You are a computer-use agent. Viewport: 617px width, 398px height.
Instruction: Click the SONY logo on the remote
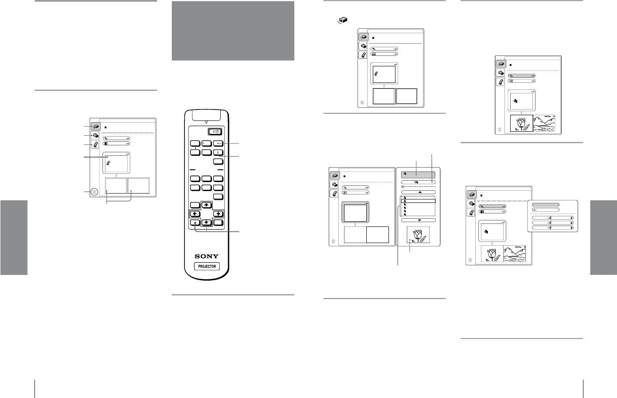tap(207, 256)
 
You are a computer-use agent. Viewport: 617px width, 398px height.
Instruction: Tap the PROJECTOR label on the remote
tap(207, 267)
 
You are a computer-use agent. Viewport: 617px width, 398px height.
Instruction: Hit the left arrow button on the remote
tap(195, 213)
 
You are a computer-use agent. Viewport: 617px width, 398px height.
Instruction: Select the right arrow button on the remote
tap(218, 213)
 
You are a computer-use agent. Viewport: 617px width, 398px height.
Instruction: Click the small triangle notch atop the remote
tap(206, 122)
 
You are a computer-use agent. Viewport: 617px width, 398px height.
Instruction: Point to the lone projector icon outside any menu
tap(342, 20)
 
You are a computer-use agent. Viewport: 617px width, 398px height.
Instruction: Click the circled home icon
tap(94, 192)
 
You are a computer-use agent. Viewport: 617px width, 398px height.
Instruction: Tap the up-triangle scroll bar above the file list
tap(419, 192)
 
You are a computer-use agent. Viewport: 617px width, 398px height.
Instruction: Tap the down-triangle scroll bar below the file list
tap(419, 220)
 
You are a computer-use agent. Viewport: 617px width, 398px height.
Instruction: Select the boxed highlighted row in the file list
tap(418, 201)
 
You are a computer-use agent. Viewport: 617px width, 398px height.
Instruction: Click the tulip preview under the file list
tap(418, 234)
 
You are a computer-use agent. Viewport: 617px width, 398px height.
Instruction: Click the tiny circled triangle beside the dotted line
tap(402, 187)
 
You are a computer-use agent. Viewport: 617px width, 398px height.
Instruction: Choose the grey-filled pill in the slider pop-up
tap(545, 205)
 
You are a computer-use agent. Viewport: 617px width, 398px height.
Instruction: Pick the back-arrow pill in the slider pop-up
tap(545, 210)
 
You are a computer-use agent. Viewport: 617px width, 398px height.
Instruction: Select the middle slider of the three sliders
tap(552, 223)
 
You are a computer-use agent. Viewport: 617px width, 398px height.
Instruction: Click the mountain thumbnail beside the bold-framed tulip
tap(544, 123)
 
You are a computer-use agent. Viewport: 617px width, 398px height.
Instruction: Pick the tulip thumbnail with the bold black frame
tap(522, 123)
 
